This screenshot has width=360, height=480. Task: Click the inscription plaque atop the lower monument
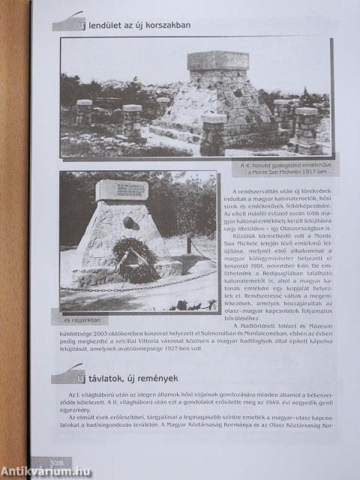[x=121, y=190]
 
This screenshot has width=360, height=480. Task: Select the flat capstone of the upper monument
[x=217, y=59]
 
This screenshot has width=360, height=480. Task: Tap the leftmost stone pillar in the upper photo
[x=84, y=112]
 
